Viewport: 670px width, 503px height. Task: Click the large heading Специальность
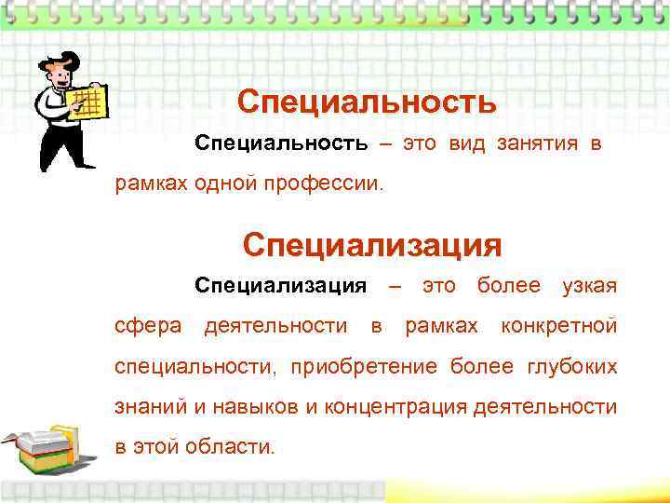pyautogui.click(x=367, y=102)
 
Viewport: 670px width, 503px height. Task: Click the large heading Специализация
pyautogui.click(x=372, y=245)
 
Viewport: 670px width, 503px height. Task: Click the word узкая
pyautogui.click(x=589, y=285)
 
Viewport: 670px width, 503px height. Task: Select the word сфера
pyautogui.click(x=147, y=326)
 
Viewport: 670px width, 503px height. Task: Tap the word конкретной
pyautogui.click(x=558, y=326)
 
